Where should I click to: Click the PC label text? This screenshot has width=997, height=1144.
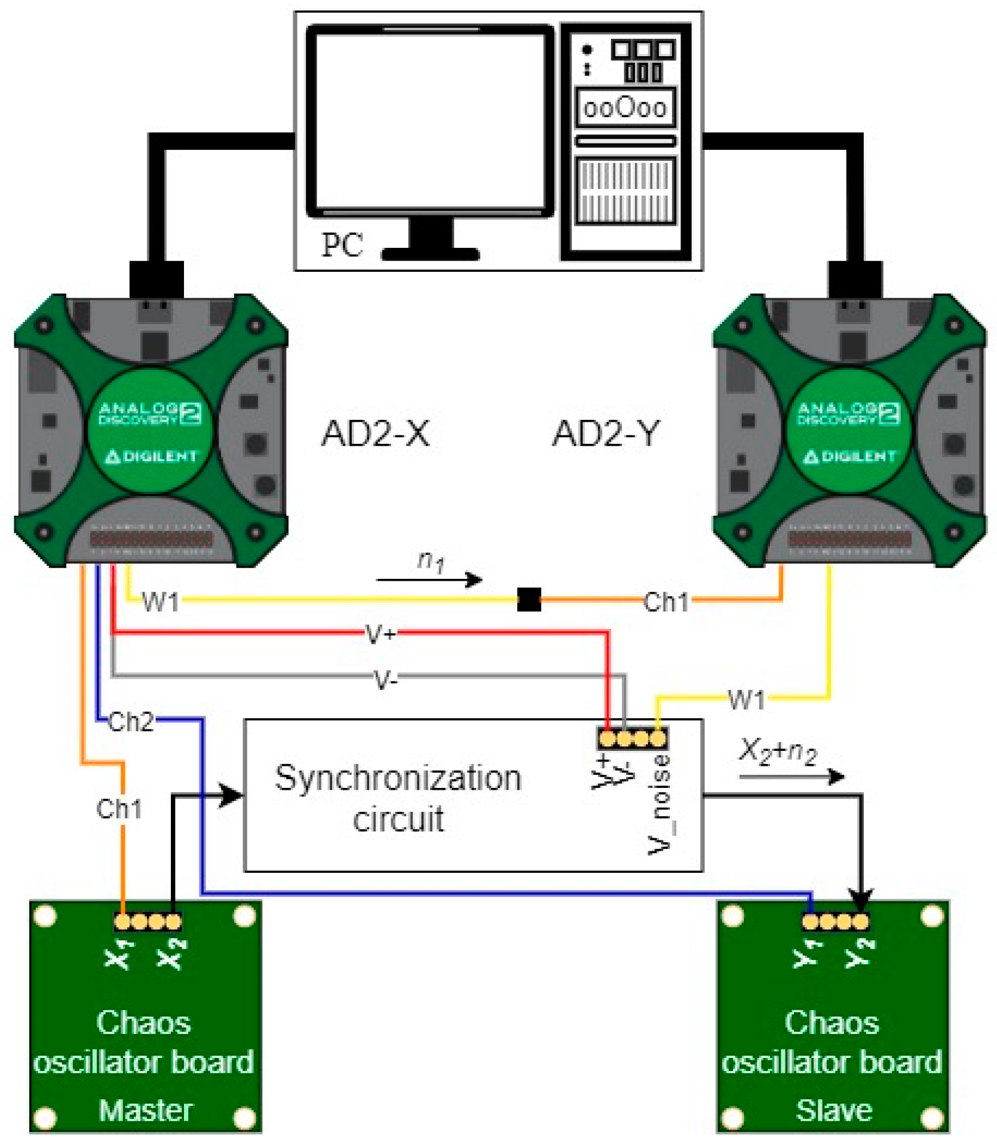342,244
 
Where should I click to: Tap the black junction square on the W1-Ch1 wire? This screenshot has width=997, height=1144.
529,599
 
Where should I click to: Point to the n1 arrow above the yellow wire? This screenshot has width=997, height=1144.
429,579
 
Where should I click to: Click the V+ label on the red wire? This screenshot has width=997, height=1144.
381,634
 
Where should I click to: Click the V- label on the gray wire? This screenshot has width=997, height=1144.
385,679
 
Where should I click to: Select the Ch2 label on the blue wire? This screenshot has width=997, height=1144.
131,722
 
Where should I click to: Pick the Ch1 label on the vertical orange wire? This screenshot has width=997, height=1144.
119,809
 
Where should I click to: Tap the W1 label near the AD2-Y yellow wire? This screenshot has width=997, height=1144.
746,699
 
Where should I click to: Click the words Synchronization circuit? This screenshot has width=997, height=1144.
398,798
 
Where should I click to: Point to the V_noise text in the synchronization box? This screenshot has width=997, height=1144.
659,804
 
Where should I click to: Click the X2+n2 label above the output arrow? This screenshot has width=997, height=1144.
777,750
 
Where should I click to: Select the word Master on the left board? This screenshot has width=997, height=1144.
145,1111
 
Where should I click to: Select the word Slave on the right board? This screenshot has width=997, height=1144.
833,1111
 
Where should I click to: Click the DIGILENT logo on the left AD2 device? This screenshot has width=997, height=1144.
151,457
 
